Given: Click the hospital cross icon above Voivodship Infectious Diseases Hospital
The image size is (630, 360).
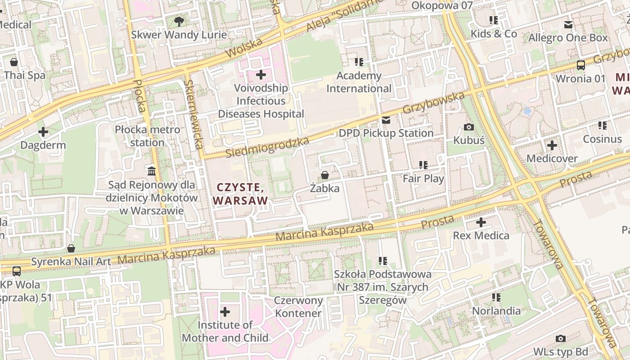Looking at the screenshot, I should click(261, 74).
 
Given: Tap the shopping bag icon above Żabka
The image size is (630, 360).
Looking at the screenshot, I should click(324, 175).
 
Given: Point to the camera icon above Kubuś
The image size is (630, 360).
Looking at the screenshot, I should click(468, 127).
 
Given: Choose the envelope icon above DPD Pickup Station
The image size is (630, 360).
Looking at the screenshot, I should click(386, 120).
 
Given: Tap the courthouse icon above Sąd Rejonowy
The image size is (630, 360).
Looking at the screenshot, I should click(152, 171).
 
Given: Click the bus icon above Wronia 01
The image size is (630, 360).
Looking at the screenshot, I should click(580, 65).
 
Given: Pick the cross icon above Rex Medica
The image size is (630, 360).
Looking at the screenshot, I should click(481, 222).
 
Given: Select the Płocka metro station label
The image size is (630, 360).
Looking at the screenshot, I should click(147, 136).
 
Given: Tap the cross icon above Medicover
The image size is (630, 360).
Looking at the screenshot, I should click(552, 145).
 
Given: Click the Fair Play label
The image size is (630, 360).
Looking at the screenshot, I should click(423, 178).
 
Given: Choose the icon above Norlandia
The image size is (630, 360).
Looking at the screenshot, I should click(496, 297).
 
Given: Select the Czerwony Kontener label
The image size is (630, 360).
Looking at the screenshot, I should click(299, 307).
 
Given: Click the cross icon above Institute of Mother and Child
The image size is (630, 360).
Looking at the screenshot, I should click(225, 311).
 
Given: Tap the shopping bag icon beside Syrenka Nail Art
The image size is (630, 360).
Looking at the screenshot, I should click(71, 248).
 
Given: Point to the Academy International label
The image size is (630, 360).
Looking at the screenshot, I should click(359, 82).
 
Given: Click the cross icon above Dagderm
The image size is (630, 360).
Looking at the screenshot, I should click(43, 132).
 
